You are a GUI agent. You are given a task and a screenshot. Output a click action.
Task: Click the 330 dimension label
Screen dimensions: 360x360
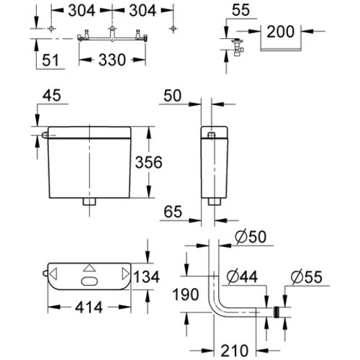click(x=112, y=60)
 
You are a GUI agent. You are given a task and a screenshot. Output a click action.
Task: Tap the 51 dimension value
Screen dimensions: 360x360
click(x=50, y=60)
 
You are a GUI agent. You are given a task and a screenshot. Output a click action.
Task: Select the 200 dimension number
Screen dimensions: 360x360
click(x=280, y=32)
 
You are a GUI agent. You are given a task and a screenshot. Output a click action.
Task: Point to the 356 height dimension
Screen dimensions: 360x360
click(x=149, y=162)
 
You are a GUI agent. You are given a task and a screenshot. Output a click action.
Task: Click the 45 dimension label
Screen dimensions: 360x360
click(x=52, y=96)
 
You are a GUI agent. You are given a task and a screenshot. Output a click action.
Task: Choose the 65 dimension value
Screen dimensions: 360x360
click(x=173, y=212)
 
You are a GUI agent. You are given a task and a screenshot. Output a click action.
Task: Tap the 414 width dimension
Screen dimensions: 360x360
click(x=89, y=307)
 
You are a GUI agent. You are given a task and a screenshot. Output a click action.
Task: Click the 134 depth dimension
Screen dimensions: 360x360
click(x=146, y=276)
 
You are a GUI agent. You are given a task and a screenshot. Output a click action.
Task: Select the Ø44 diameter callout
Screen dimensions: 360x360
click(x=243, y=276)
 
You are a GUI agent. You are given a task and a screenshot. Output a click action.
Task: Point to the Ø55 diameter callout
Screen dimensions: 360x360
click(x=307, y=277)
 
